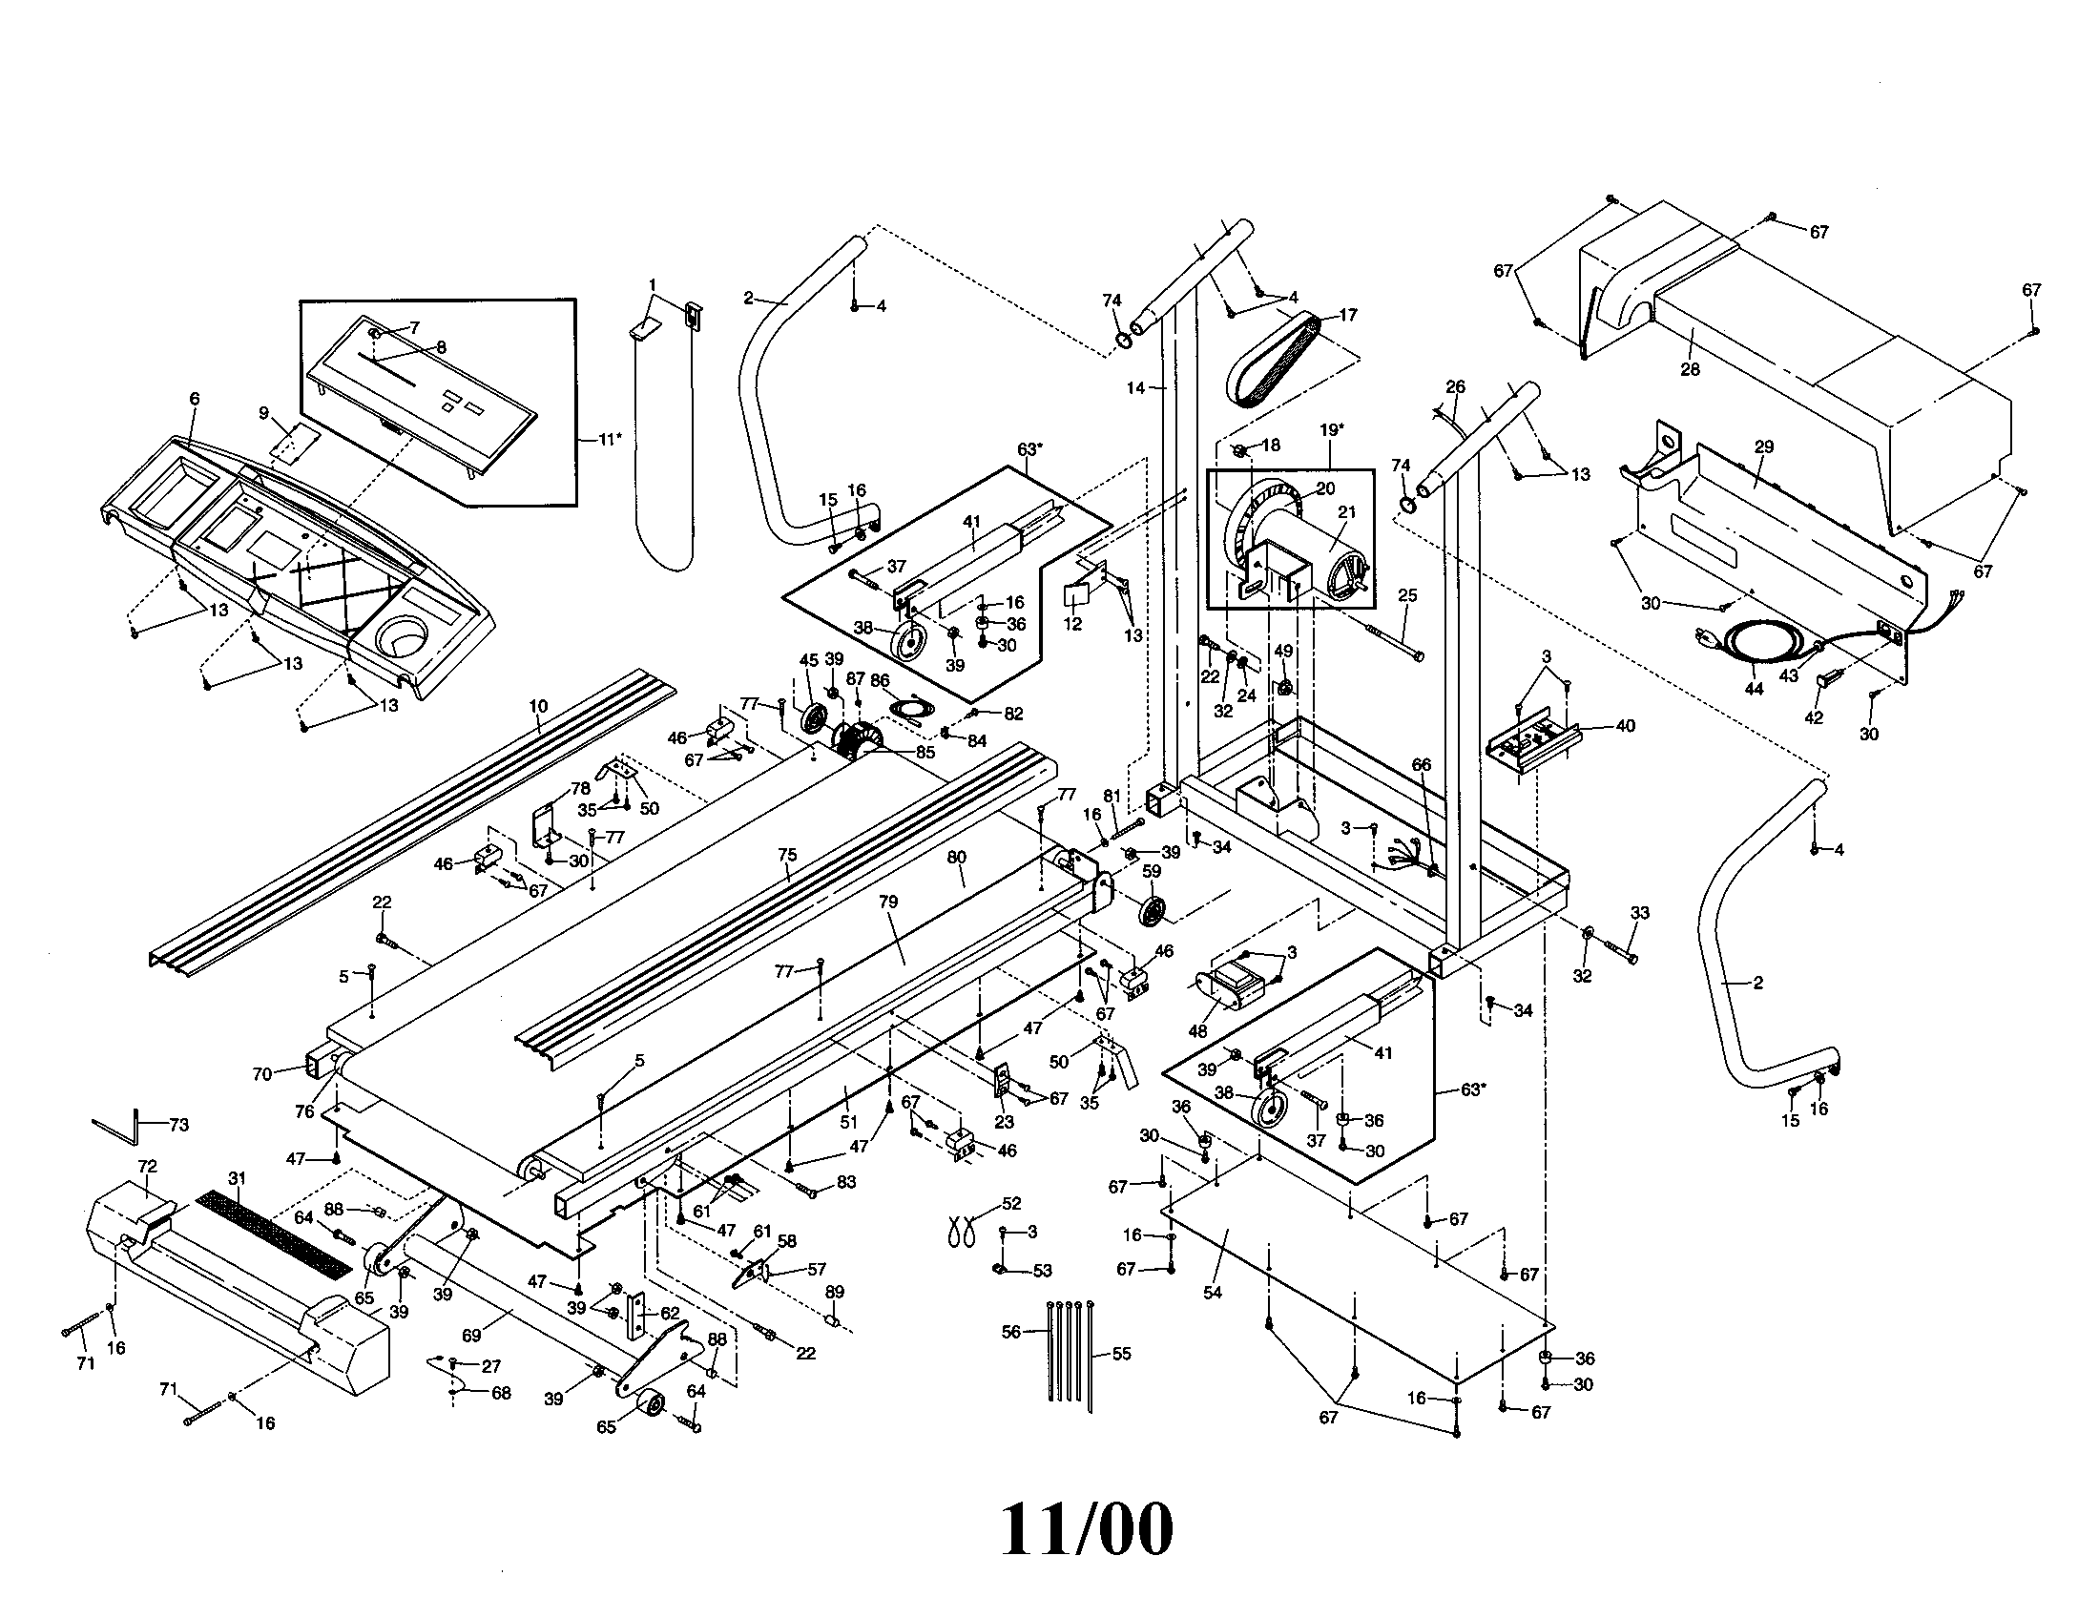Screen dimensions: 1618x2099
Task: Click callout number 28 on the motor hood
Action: [1689, 369]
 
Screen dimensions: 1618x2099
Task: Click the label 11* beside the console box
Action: [609, 439]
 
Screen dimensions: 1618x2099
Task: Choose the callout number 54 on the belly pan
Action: [1212, 1293]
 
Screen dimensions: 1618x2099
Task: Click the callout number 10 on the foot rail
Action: [537, 706]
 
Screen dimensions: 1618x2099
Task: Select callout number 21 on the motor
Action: [1346, 512]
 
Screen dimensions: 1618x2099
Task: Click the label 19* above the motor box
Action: [1329, 430]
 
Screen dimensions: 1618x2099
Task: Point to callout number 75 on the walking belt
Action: [787, 854]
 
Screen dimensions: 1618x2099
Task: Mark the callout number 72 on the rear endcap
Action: [147, 1166]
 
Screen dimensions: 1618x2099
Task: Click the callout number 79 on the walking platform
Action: [888, 902]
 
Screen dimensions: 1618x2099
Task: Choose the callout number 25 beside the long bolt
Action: [1407, 595]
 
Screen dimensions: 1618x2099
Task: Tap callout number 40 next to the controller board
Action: [1624, 725]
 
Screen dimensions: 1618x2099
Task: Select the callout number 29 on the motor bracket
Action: [1763, 446]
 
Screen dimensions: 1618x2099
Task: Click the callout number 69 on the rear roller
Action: [471, 1336]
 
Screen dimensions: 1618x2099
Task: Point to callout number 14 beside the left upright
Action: [1136, 388]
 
